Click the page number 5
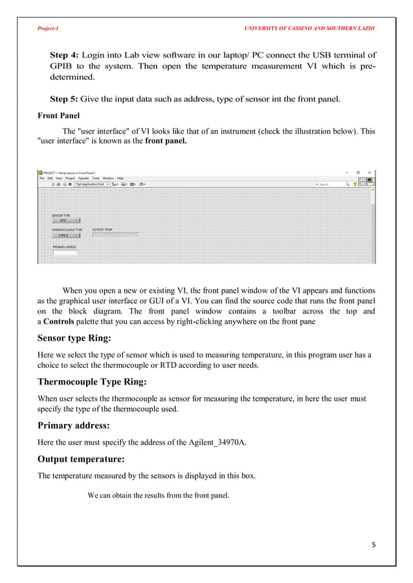coord(373,544)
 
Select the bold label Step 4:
coord(64,54)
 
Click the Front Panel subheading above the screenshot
coord(58,117)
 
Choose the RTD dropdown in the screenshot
coord(65,220)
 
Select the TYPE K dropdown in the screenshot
coord(65,235)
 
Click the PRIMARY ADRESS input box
coord(65,253)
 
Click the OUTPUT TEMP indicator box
coord(115,235)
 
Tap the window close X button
coord(370,173)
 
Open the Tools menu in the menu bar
coord(95,178)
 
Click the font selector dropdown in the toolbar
coord(91,184)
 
